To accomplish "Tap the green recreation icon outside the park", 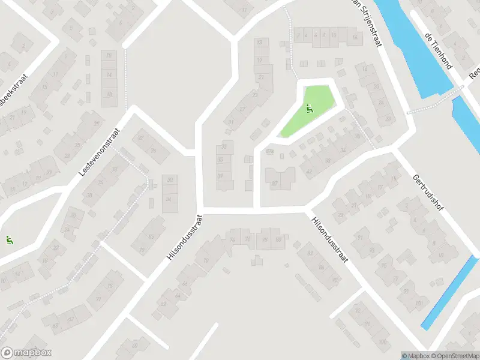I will click(x=9, y=241).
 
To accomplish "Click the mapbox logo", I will click(x=26, y=353).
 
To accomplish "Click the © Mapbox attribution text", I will click(x=416, y=356).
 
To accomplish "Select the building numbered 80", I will click(x=278, y=239).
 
